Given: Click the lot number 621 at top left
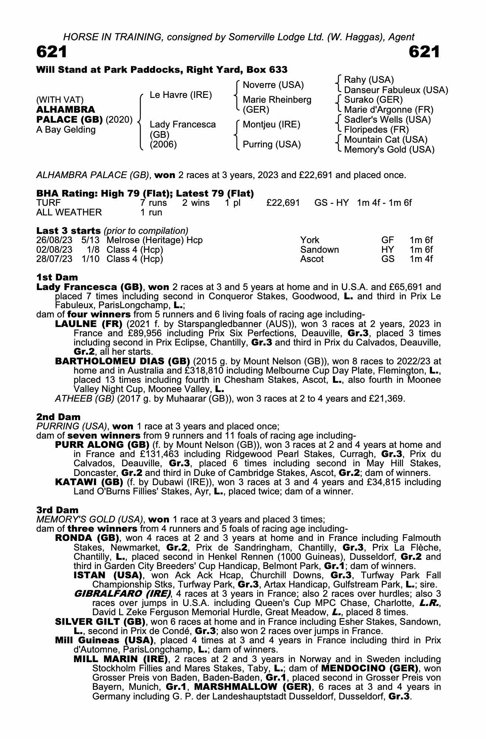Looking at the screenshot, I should point(52,52).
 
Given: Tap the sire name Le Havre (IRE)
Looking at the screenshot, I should point(180,95).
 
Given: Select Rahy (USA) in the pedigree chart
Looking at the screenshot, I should point(368,80).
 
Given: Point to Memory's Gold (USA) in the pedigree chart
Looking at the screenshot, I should point(389,150).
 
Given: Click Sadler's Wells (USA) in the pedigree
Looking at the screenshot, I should point(387,120).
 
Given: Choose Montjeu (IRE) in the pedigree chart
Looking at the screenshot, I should point(271,125).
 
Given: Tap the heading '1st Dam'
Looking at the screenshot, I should point(57,277).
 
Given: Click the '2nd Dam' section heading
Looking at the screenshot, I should point(58,417).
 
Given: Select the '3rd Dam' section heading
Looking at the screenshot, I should point(57,510).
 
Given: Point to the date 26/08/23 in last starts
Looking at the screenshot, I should point(54,240).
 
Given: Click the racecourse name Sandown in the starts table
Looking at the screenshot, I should point(319,249).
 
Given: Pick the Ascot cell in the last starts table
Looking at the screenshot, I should point(312,259).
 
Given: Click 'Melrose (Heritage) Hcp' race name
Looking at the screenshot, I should point(155,240).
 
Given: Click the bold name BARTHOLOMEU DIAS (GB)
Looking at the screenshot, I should point(122,361).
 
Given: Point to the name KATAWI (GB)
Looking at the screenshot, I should point(89,482).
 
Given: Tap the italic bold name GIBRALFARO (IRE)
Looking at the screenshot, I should point(122,594).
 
